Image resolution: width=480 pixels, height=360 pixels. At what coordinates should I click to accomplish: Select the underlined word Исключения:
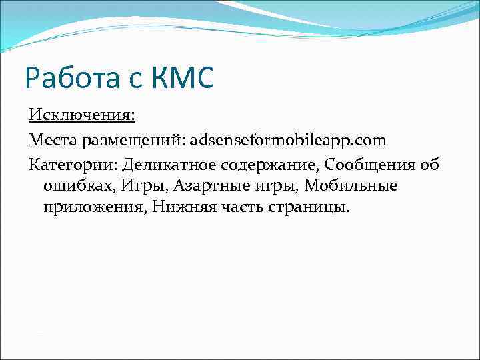click(x=82, y=116)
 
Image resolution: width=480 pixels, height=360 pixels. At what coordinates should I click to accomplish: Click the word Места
click(x=52, y=141)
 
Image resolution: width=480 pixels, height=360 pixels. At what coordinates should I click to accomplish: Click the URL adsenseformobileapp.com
click(x=288, y=141)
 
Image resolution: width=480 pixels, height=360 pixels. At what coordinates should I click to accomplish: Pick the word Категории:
click(x=72, y=165)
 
